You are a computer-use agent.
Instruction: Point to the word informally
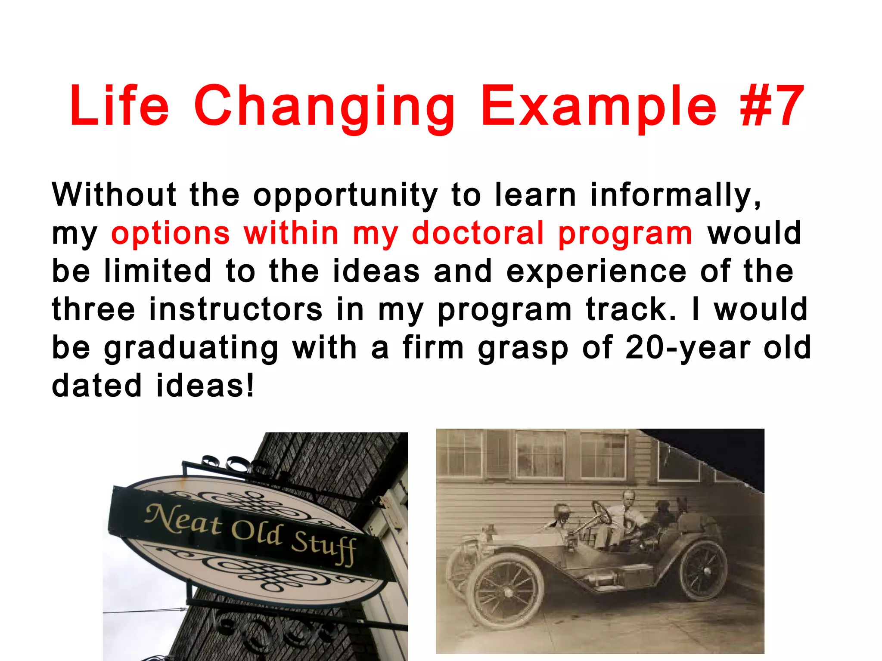click(x=675, y=196)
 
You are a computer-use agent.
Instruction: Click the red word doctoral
click(x=478, y=234)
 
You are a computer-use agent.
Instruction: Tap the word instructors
click(x=236, y=309)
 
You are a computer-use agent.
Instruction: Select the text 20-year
click(x=688, y=348)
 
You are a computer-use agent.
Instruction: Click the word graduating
click(x=191, y=349)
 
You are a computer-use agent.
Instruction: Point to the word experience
click(x=596, y=272)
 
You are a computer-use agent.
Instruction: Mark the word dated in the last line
click(x=96, y=385)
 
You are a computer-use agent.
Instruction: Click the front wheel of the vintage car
click(x=505, y=592)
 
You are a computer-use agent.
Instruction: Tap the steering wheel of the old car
click(x=602, y=513)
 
